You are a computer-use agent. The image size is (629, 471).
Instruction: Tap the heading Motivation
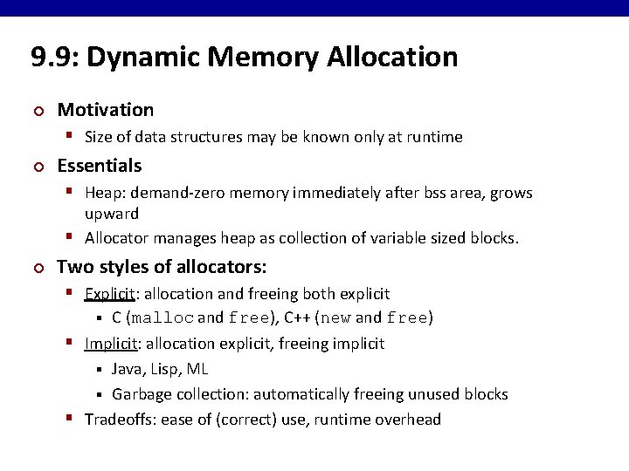[x=105, y=110]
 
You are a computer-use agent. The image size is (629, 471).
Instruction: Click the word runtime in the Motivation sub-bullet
[x=434, y=137]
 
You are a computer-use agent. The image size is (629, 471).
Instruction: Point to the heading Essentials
[x=99, y=166]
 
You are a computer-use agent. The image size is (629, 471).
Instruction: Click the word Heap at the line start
[x=101, y=193]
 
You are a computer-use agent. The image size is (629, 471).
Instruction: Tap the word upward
[x=112, y=214]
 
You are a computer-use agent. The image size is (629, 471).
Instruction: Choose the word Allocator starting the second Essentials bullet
[x=119, y=238]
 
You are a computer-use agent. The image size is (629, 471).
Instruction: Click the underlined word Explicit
[x=108, y=294]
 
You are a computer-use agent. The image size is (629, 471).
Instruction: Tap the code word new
[x=335, y=318]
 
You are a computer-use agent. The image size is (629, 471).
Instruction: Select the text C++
[x=298, y=318]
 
